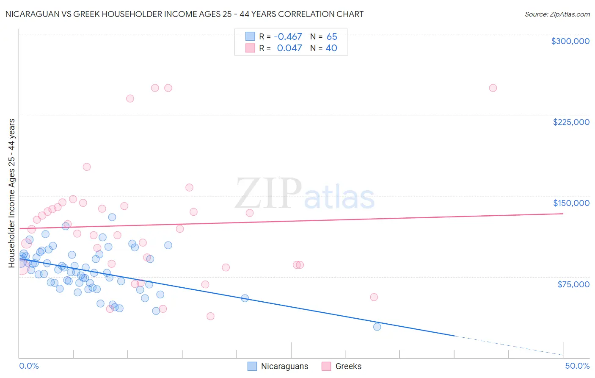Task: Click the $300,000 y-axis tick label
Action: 570,41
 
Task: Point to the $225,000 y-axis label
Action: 571,122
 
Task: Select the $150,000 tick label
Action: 571,203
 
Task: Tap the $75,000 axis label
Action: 573,284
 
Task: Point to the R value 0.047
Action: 289,48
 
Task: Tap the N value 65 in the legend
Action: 332,37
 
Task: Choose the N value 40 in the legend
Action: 331,48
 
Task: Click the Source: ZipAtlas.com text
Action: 557,14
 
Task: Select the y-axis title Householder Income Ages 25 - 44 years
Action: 12,193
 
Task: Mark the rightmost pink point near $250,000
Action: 493,88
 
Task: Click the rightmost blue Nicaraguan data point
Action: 377,327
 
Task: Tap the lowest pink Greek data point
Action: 210,316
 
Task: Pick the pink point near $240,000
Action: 130,99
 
